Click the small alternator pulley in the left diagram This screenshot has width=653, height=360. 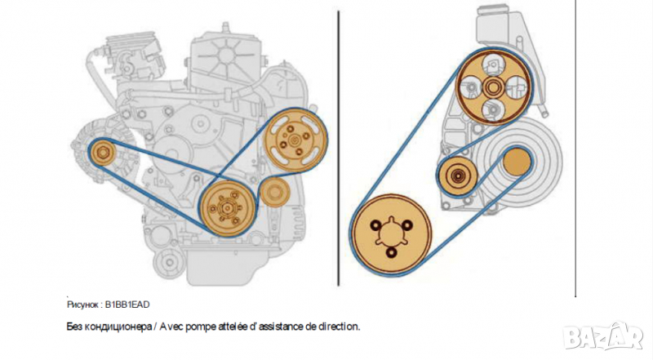(103, 153)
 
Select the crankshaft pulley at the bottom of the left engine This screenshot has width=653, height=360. (227, 208)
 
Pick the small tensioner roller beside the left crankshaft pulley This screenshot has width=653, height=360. (274, 192)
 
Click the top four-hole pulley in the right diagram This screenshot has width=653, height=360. (494, 87)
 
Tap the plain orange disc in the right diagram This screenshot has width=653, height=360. (518, 162)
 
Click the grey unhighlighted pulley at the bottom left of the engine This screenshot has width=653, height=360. (169, 263)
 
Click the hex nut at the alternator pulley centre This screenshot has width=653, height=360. (103, 153)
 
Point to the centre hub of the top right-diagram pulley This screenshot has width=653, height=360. (494, 87)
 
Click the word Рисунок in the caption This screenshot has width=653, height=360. (82, 304)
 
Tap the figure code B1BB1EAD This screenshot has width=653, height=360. (127, 304)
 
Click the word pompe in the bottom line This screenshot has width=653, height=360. (201, 327)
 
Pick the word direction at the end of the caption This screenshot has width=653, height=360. (338, 327)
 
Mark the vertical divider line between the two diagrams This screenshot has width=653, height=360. (338, 149)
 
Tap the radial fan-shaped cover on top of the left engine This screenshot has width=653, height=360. (225, 56)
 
